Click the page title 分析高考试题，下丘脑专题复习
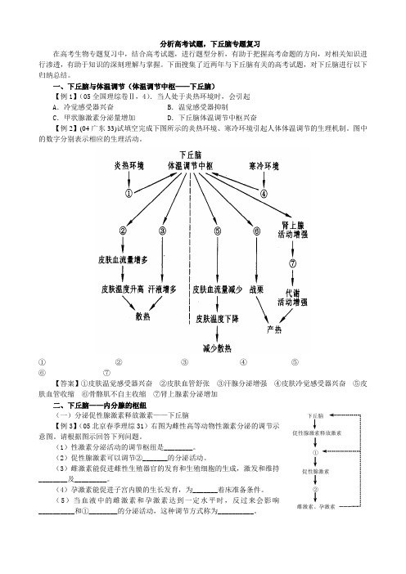coord(210,44)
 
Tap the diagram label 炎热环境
coord(129,166)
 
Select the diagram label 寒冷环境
coord(264,166)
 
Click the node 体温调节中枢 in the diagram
coord(190,166)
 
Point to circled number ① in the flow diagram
coord(129,193)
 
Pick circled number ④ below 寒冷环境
coord(264,193)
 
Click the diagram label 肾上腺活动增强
coord(292,230)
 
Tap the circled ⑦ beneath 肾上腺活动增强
coord(292,263)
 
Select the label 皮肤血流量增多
coord(123,260)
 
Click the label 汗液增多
coord(162,289)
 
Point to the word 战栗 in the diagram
coord(256,289)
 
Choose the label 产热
coord(274,330)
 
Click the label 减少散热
coord(217,348)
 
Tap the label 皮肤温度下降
coord(217,319)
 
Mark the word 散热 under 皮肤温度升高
coord(143,316)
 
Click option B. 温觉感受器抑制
coord(197,107)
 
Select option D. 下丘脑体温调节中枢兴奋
coord(212,118)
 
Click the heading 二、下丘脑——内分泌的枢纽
coord(100,406)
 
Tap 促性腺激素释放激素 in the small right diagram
coord(316,433)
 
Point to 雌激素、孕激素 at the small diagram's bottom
coord(316,507)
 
